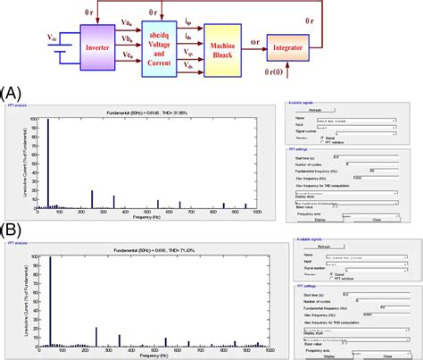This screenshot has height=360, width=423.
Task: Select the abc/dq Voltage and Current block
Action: pos(165,45)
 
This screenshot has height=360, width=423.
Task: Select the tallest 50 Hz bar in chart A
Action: pos(47,162)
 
